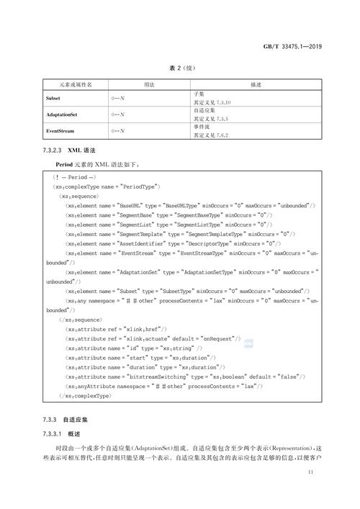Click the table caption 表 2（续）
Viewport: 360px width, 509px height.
coord(179,69)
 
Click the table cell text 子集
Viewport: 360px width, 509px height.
coord(199,94)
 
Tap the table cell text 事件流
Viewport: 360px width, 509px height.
coord(202,127)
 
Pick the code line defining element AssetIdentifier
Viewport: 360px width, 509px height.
coord(173,243)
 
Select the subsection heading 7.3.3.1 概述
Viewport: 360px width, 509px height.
coord(64,434)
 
